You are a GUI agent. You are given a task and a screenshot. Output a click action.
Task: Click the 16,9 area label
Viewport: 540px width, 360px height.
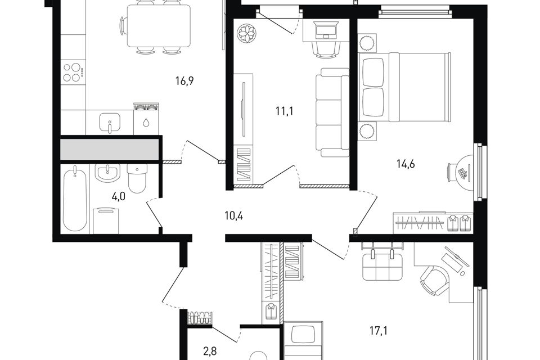[x=184, y=81]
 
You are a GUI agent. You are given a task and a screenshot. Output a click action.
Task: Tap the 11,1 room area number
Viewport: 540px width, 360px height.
[x=284, y=111]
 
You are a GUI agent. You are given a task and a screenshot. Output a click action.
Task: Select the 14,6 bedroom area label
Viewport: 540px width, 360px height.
[x=406, y=164]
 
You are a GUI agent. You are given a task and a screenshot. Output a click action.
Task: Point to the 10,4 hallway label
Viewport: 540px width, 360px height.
[x=234, y=217]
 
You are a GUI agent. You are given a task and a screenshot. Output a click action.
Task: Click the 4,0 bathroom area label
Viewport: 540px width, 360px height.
[x=118, y=197]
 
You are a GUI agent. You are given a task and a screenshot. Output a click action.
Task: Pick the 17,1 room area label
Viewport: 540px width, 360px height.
[x=379, y=331]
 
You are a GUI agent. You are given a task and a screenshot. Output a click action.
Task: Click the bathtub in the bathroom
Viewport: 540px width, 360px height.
[x=75, y=199]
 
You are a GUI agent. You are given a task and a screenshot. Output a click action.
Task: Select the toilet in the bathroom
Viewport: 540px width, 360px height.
[x=137, y=178]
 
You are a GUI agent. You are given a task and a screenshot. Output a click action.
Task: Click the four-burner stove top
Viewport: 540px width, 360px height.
[x=73, y=73]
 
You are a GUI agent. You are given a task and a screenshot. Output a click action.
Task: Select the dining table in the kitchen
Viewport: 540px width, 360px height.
[x=159, y=26]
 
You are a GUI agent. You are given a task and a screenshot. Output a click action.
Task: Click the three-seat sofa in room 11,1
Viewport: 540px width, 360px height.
[x=332, y=112]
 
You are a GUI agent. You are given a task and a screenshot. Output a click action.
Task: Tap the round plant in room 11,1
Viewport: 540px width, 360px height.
[x=247, y=34]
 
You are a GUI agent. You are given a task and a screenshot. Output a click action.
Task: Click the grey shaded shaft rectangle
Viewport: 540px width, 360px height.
[x=110, y=150]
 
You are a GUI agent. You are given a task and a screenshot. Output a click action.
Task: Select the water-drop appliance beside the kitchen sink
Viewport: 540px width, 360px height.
[x=147, y=119]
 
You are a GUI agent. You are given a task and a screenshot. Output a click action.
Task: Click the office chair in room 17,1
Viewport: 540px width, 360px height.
[x=435, y=281]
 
